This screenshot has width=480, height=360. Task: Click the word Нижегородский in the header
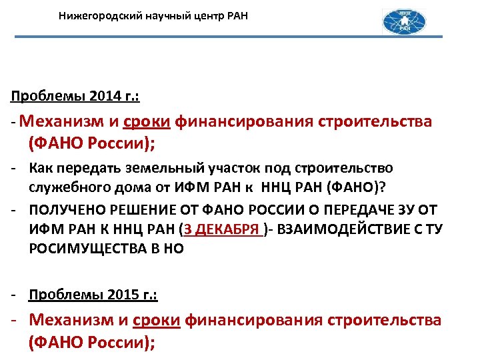click(98, 14)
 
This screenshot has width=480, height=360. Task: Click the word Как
click(41, 168)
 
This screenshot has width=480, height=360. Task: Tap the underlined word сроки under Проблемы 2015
click(157, 321)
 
